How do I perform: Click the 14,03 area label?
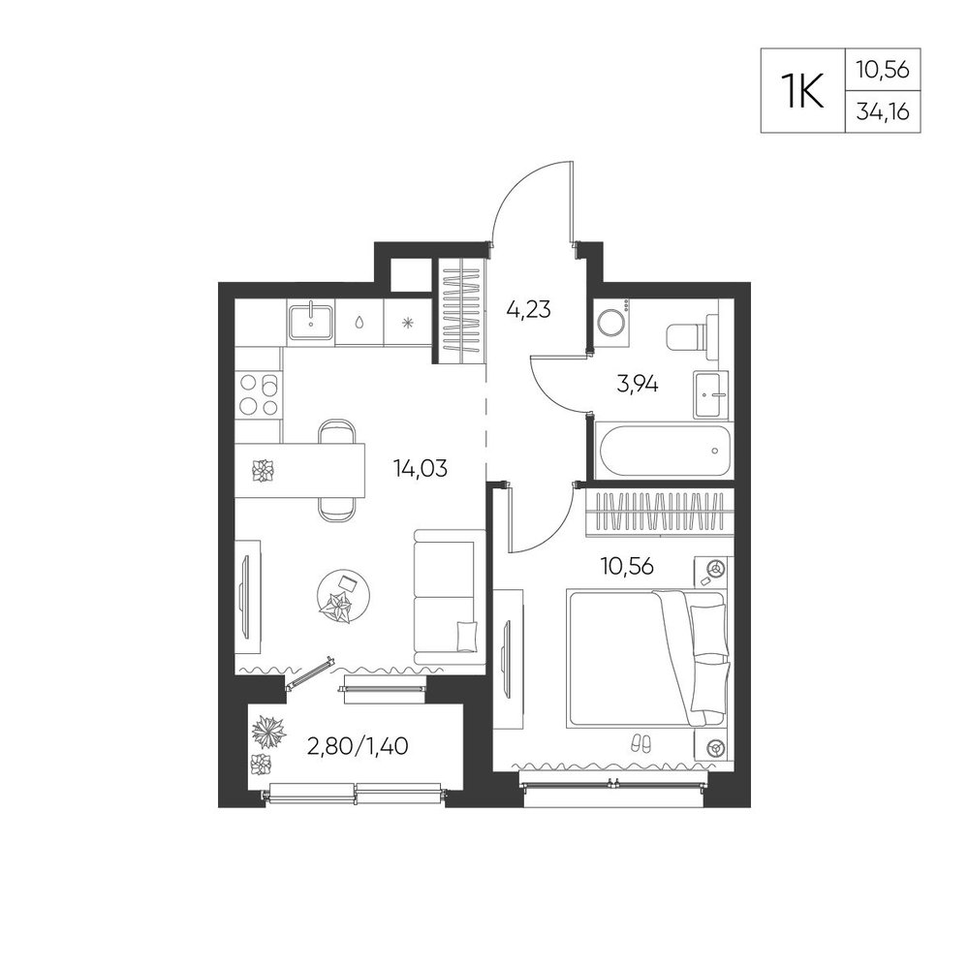click(x=421, y=468)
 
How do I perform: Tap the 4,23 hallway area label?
click(x=528, y=308)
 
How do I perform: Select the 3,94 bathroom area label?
click(x=638, y=385)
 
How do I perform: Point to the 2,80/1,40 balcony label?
click(x=358, y=746)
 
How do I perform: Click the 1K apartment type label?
click(x=802, y=91)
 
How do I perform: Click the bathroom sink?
click(x=710, y=394)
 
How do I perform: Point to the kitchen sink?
click(x=310, y=323)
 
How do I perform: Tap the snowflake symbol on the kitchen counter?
click(x=407, y=322)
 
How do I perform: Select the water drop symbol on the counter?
click(x=359, y=322)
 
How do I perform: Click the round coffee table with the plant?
click(x=344, y=596)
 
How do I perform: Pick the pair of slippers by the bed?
click(x=641, y=743)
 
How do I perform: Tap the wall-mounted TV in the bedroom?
click(x=507, y=655)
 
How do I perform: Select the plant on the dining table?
click(x=263, y=471)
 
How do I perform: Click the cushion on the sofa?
click(x=467, y=637)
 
